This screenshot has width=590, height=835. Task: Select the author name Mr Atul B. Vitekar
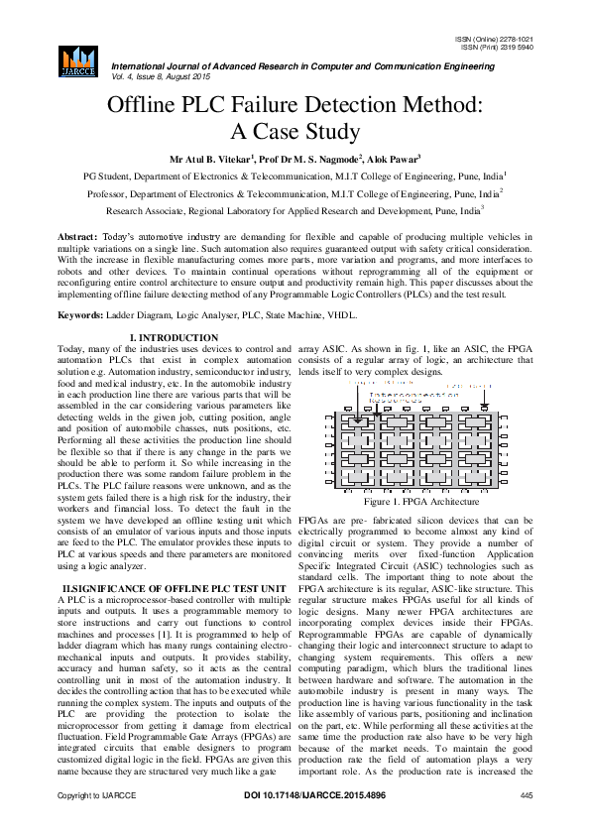(212, 159)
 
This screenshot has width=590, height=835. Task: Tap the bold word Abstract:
(78, 238)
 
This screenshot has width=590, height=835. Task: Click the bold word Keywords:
(80, 313)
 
